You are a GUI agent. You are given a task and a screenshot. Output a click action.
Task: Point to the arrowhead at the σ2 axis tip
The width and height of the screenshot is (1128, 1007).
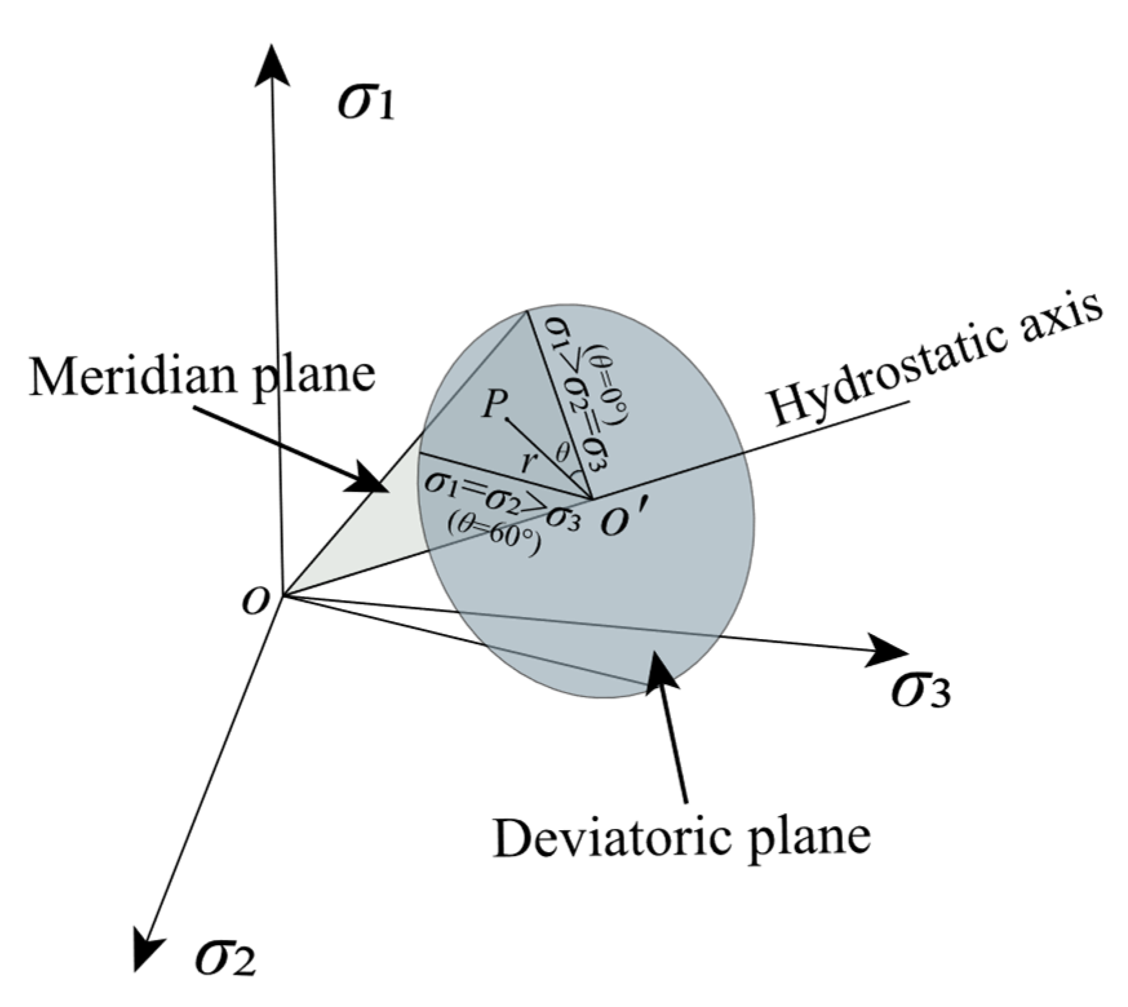(x=148, y=945)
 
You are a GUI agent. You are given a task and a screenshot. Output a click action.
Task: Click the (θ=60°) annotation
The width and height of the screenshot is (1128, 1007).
(x=494, y=538)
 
